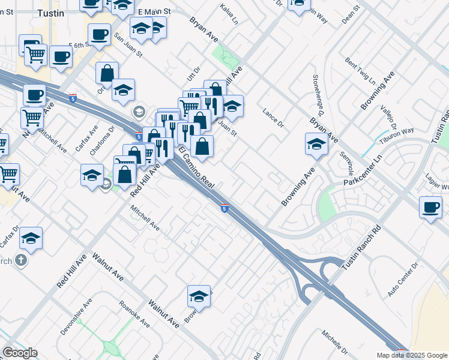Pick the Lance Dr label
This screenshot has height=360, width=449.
273,118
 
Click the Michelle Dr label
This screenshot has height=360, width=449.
334,341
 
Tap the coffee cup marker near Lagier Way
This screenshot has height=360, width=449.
430,208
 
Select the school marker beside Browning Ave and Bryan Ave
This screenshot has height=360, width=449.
316,144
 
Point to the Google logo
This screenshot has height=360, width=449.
20,353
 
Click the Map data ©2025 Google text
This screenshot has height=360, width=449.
411,355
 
